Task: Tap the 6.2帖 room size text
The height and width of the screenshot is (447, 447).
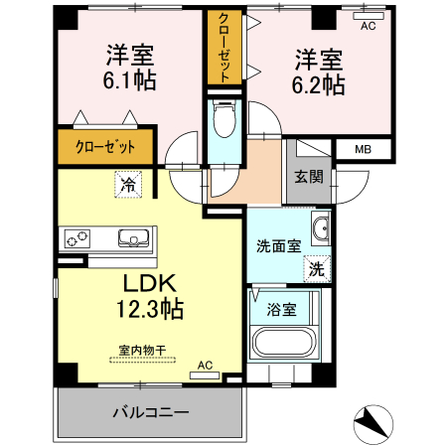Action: [x=318, y=85]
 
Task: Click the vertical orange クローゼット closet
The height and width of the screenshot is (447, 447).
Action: [x=224, y=49]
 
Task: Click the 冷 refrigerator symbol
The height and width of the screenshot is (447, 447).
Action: [x=127, y=183]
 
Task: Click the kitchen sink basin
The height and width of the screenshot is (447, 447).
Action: [x=134, y=237]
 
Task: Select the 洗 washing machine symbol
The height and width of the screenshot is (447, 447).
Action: [x=316, y=267]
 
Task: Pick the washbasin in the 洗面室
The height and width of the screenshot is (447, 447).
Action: [x=320, y=231]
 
